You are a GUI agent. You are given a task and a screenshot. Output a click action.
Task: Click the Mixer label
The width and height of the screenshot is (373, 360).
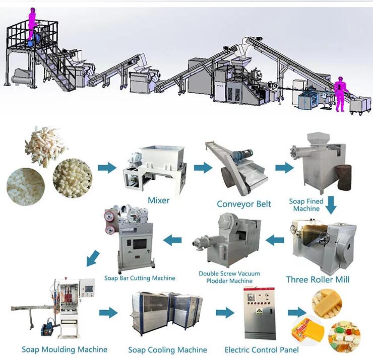158,200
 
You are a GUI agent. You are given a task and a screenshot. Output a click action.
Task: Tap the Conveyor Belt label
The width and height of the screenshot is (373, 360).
244,204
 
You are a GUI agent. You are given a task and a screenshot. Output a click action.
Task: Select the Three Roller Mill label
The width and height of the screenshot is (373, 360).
318,279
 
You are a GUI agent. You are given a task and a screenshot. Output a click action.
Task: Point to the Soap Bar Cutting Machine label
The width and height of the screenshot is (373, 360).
140,278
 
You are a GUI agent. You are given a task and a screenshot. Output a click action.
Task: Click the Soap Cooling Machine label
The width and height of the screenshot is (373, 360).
167,349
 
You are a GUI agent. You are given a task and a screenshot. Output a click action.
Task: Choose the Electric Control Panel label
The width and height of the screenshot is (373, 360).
262,349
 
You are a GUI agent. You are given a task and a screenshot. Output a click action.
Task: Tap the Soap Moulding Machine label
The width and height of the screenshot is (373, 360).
65,349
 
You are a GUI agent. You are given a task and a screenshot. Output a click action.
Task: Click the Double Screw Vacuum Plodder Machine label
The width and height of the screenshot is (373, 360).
226,277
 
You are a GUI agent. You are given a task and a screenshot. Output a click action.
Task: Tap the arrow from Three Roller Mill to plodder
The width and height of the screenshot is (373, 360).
275,240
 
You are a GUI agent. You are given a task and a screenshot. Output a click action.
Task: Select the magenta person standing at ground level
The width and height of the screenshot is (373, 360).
341,94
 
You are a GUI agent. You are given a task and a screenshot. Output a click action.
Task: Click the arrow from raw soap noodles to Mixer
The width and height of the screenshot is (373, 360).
106,168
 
